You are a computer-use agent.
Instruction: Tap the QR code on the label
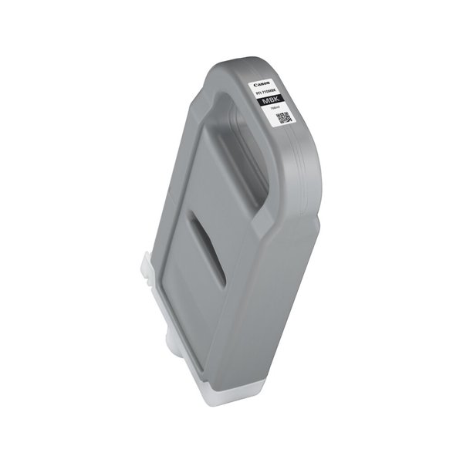click(x=283, y=118)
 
